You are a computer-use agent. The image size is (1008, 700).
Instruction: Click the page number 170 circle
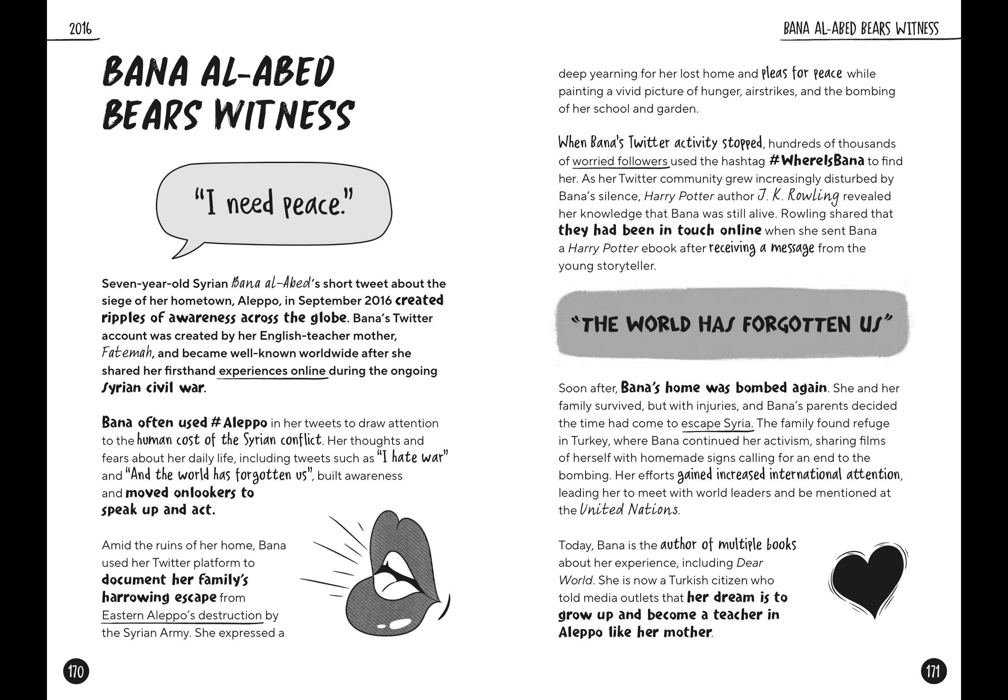click(76, 671)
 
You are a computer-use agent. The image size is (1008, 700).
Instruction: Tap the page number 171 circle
click(933, 671)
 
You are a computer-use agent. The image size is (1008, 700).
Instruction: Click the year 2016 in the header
click(81, 29)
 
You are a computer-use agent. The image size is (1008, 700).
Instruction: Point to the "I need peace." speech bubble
click(274, 204)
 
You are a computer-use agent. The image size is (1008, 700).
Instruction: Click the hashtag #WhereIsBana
click(817, 160)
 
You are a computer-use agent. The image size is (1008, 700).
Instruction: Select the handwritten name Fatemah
click(127, 353)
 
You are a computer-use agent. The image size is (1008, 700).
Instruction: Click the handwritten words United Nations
click(629, 510)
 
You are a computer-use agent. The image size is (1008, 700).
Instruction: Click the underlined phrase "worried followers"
click(620, 161)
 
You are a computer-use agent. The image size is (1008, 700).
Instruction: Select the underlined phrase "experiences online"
click(272, 371)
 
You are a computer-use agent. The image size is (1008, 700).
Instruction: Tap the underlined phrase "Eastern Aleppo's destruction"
click(182, 615)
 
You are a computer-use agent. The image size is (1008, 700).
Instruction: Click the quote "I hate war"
click(413, 458)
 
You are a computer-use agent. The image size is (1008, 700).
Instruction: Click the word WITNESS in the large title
click(284, 115)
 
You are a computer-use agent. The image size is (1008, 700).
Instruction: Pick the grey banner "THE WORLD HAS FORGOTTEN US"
click(732, 324)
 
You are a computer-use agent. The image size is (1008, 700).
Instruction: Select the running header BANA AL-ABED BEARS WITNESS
click(861, 29)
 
